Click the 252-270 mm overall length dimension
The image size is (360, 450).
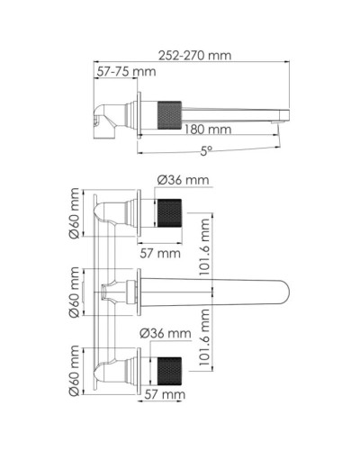coord(191,55)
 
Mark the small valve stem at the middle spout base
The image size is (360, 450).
coord(112,291)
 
